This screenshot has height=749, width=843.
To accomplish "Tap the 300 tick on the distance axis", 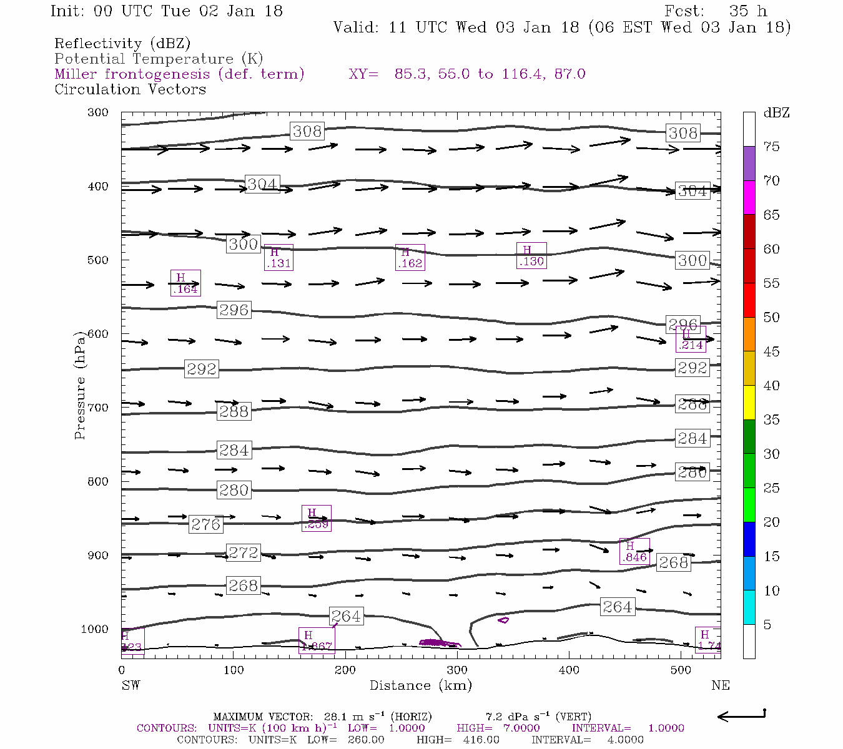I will [x=457, y=670].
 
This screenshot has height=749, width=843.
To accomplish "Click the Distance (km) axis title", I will [x=420, y=685].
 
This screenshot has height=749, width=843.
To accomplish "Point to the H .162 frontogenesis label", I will [x=410, y=257].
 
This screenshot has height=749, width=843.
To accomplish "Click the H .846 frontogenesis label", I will [x=634, y=552].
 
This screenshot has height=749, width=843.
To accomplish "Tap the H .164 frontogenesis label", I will [x=185, y=283].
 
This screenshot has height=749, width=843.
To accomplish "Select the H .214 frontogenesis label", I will [x=691, y=339].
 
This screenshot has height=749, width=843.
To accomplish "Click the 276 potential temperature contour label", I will [x=205, y=524].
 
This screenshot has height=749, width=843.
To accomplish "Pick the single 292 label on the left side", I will [x=201, y=369].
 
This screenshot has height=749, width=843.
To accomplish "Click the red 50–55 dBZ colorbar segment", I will [x=749, y=300].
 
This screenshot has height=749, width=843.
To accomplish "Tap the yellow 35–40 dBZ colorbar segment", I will [x=749, y=403].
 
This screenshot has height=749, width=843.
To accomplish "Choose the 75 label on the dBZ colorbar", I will [x=772, y=147].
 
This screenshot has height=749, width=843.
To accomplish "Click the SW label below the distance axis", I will [x=131, y=685].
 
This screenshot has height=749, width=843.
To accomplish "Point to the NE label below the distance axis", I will [x=720, y=685].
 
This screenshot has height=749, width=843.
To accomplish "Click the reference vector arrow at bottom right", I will [x=742, y=716].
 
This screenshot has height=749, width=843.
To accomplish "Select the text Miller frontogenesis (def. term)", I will [x=179, y=74].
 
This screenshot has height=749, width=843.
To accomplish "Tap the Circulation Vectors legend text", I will [x=130, y=89].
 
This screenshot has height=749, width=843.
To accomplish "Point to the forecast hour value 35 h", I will [x=747, y=11].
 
